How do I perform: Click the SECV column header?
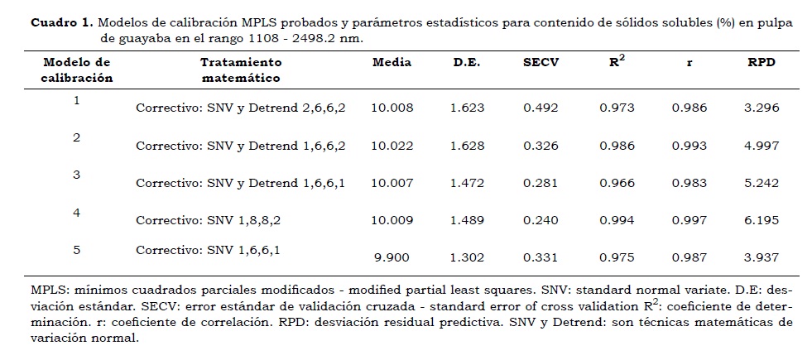click(541, 62)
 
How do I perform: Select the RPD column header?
click(761, 62)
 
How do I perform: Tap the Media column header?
click(392, 62)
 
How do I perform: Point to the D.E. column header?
click(467, 62)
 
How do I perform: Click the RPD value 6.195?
click(761, 220)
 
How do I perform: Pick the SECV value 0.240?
click(541, 220)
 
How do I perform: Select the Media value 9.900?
click(392, 257)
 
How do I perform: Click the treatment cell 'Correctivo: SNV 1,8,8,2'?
click(214, 220)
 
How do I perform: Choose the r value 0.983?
click(689, 183)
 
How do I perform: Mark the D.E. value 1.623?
click(467, 108)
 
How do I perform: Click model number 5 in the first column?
click(76, 249)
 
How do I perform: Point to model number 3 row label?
click(76, 175)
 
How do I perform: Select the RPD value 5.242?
click(761, 183)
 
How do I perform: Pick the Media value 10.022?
click(392, 146)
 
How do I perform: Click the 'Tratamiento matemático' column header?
click(241, 70)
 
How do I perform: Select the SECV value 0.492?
click(541, 108)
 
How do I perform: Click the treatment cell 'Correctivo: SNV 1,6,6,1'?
click(214, 249)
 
